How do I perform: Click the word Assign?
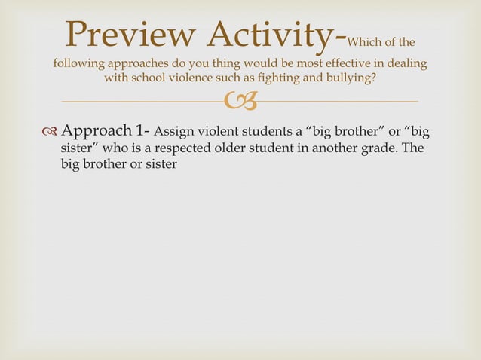(x=173, y=133)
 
